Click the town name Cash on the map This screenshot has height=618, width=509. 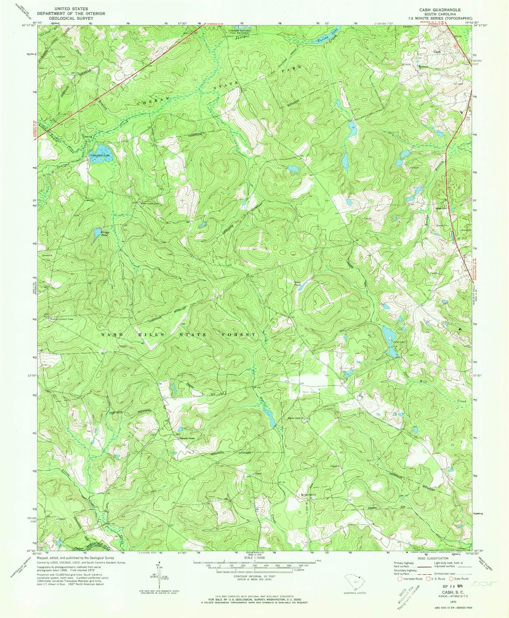pyautogui.click(x=437, y=52)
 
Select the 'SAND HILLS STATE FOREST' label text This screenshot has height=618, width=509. pyautogui.click(x=179, y=334)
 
